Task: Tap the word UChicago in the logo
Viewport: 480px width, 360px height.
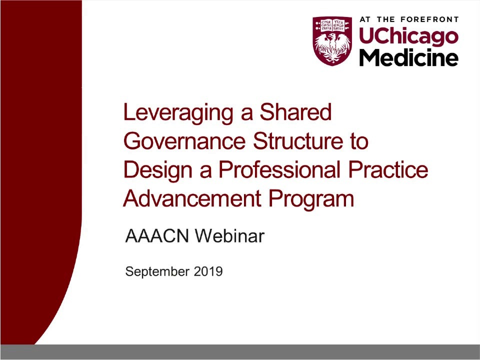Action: pyautogui.click(x=408, y=36)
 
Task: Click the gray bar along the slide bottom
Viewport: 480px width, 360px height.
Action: pyautogui.click(x=240, y=352)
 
